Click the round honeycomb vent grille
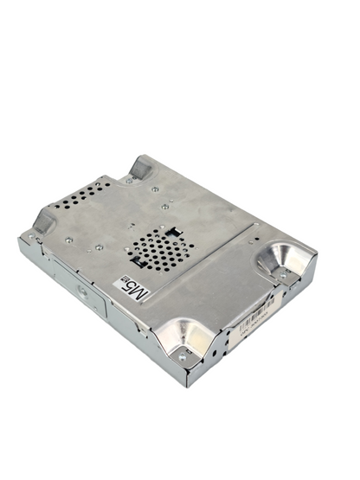coord(162,248)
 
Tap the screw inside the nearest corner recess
coord(182,355)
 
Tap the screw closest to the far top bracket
coord(155,188)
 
